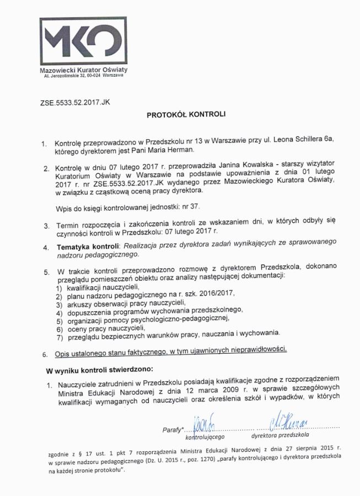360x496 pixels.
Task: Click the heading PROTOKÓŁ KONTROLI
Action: point(186,115)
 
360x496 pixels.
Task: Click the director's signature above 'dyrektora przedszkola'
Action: point(289,423)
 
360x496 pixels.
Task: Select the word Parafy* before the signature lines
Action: point(173,430)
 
